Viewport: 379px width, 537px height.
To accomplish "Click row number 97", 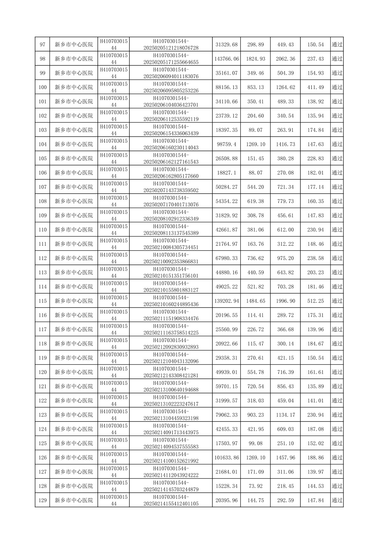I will [42, 45].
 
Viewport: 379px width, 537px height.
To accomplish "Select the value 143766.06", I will [226, 59].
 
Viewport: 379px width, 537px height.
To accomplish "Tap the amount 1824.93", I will [255, 59].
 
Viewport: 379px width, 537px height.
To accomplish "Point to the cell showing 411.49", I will [315, 87].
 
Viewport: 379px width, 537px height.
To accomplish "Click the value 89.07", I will [255, 130].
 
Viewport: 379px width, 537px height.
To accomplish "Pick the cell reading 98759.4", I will [226, 144].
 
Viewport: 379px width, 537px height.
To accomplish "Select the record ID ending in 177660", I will [171, 173].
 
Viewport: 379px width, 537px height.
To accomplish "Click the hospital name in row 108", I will [74, 201].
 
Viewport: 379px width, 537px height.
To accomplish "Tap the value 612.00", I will [285, 230].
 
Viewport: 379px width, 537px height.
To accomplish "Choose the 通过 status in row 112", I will [337, 258].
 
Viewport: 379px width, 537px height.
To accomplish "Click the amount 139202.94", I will [226, 301].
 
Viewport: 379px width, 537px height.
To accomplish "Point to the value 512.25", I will [315, 301].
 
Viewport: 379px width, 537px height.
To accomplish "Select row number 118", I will [42, 344].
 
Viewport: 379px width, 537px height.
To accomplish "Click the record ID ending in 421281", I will [171, 372].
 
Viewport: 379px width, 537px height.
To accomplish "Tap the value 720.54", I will [255, 386].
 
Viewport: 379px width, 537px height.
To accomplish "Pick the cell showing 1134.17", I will [285, 415].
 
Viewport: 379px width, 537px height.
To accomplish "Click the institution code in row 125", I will [114, 443].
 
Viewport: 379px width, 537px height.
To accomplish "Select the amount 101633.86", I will [226, 458].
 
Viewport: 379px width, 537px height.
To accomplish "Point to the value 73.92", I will [255, 486].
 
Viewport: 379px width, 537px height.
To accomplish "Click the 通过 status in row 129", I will [337, 500].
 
